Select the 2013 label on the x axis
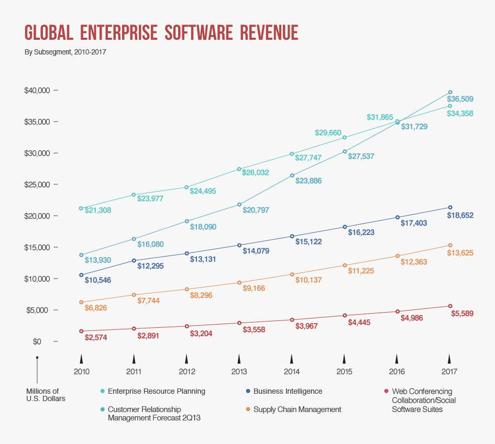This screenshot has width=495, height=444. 239,372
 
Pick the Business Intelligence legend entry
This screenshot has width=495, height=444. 288,391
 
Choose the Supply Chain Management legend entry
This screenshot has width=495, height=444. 297,409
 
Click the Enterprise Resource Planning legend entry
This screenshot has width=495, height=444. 156,391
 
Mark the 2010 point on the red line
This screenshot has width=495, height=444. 81,331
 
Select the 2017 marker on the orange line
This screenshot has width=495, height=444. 450,246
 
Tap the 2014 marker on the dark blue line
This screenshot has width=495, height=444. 292,236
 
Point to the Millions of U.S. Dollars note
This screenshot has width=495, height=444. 42,395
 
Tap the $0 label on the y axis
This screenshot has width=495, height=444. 37,342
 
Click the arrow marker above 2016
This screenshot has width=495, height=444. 397,359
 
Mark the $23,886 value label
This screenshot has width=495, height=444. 309,181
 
